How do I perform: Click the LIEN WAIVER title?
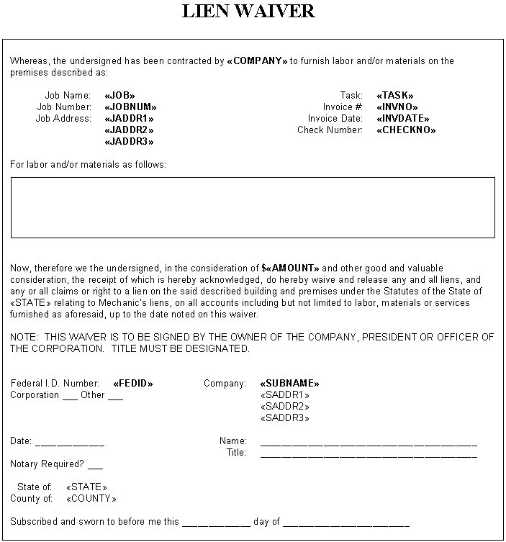[x=248, y=12]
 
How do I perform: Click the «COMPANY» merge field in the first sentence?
[x=257, y=61]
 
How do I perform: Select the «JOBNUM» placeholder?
[x=130, y=107]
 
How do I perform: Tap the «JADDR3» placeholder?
[x=130, y=142]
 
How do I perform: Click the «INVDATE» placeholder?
[x=403, y=119]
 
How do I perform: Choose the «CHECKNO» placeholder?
[x=406, y=130]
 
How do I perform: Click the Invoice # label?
[x=343, y=107]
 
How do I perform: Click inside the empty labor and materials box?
[x=253, y=207]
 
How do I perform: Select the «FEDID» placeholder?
[x=132, y=384]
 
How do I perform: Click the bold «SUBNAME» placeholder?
[x=289, y=384]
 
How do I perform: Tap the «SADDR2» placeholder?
[x=284, y=407]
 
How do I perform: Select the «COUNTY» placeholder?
[x=91, y=499]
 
